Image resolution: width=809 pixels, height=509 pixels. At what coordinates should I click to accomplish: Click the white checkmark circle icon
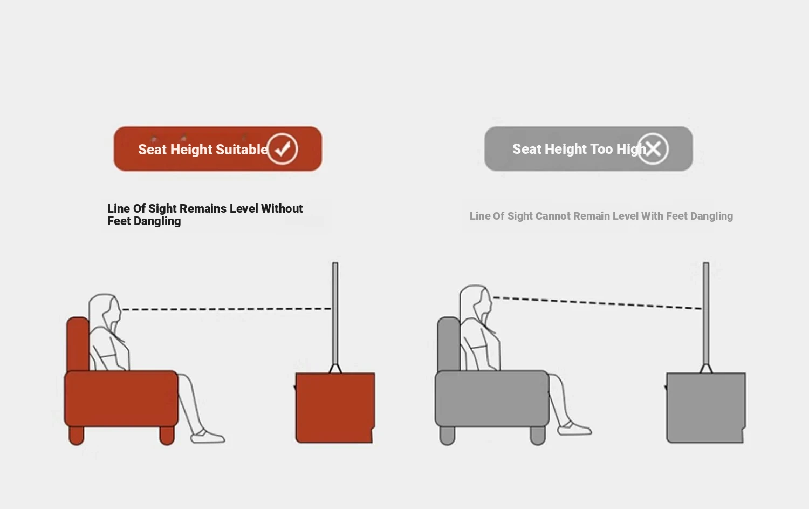point(283,149)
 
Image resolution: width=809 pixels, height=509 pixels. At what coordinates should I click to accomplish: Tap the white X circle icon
point(653,149)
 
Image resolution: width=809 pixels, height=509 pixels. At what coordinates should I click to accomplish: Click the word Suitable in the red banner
point(242,150)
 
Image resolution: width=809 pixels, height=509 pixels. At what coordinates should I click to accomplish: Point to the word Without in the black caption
point(282,208)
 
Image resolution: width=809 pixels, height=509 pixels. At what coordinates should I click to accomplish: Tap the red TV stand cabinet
point(335,408)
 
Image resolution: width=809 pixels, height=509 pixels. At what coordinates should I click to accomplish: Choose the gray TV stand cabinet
point(705,408)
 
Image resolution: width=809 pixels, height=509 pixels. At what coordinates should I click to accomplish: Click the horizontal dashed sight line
point(227,309)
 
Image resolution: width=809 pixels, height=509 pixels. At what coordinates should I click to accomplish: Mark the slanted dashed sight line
point(598,303)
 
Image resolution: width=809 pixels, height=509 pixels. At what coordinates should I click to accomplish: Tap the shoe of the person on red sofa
point(208,436)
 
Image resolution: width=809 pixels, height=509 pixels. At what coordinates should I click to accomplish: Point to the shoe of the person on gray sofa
point(574,429)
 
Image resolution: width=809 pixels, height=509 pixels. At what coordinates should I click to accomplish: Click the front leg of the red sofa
point(167,436)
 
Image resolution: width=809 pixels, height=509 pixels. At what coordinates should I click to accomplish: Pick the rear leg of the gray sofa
point(447,436)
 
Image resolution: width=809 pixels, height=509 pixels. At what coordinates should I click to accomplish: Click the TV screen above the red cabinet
point(335,314)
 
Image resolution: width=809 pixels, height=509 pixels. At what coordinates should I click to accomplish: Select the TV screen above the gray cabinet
point(706,314)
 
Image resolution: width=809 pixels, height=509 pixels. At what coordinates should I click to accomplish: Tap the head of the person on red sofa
point(105,313)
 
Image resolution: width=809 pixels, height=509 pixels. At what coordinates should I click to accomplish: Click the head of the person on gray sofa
point(476,304)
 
